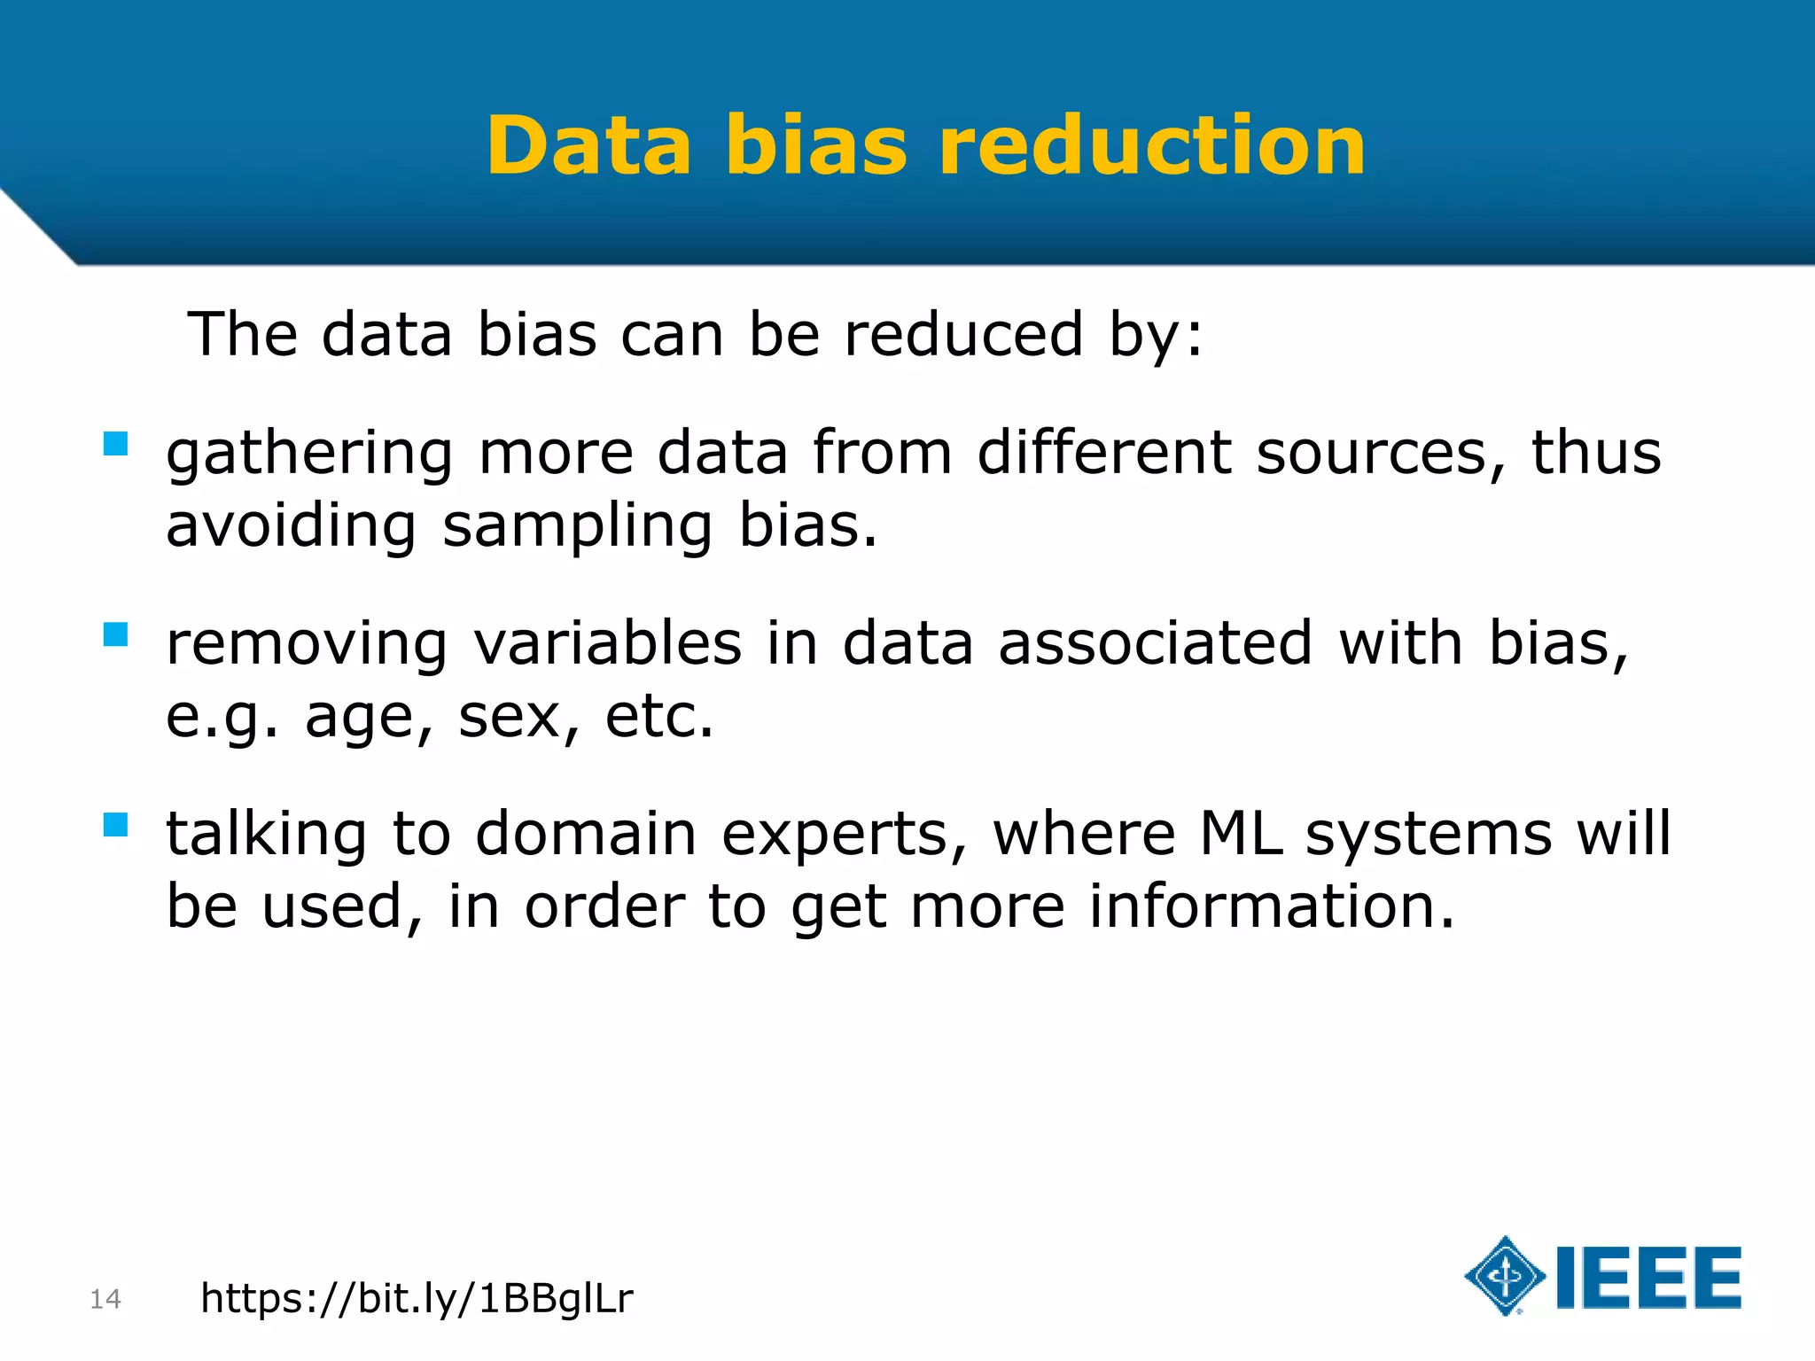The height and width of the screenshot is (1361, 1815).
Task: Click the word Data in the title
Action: tap(588, 146)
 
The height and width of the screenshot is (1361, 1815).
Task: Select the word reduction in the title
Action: tap(1152, 146)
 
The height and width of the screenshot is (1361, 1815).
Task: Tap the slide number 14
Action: tap(105, 1299)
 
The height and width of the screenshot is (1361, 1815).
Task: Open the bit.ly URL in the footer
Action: tap(417, 1299)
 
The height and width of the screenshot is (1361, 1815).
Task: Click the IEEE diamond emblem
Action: tap(1505, 1276)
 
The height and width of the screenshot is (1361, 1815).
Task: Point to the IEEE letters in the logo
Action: tap(1648, 1278)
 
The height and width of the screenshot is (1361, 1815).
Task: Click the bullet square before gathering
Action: tap(115, 444)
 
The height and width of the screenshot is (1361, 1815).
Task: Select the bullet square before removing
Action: tap(115, 634)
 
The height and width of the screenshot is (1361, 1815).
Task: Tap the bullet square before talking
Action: tap(115, 825)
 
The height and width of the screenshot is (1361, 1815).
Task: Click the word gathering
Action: tap(309, 454)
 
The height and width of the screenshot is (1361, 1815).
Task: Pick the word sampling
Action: tap(577, 526)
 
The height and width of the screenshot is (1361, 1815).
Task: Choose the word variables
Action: tap(608, 643)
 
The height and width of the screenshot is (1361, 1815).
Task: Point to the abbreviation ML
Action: tap(1241, 834)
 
